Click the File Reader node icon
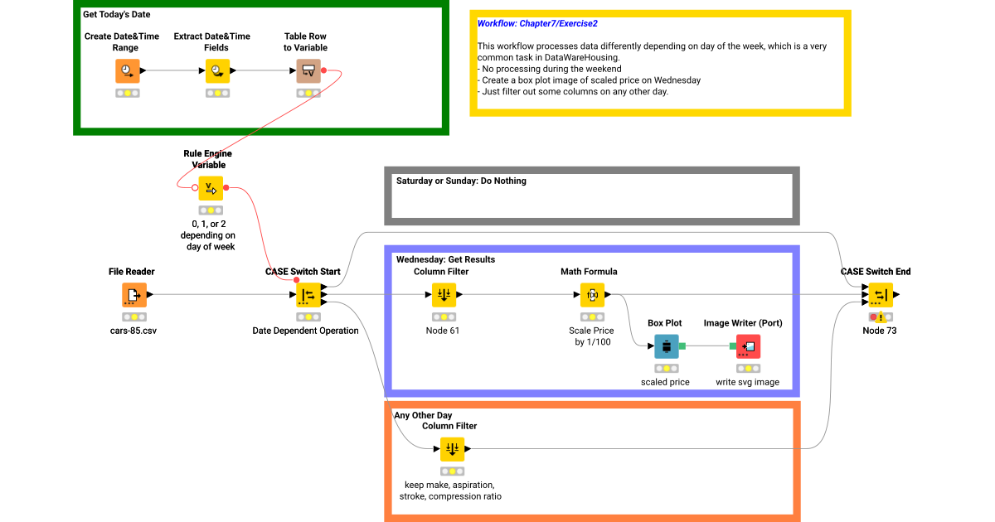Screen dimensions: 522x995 click(x=133, y=295)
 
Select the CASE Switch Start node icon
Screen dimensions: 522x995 click(x=308, y=295)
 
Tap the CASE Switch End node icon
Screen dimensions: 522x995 click(x=880, y=295)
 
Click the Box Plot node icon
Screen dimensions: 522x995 click(x=666, y=346)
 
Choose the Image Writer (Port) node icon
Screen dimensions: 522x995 click(x=748, y=346)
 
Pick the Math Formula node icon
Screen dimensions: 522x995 click(x=592, y=295)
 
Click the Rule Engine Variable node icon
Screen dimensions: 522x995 click(x=210, y=189)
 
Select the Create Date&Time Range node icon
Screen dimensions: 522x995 click(x=127, y=71)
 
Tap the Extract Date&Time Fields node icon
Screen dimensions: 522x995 click(x=217, y=71)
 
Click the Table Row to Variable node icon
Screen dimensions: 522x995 click(x=308, y=71)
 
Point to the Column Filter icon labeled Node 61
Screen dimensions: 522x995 click(x=444, y=295)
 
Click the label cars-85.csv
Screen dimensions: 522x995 click(x=133, y=331)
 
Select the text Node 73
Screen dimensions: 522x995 click(x=880, y=331)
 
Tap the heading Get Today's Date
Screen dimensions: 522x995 click(x=116, y=15)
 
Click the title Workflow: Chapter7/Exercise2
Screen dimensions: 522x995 click(x=537, y=24)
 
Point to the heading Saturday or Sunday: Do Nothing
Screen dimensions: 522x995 click(x=461, y=181)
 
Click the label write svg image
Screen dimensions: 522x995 click(x=748, y=382)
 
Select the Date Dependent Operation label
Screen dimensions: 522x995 click(x=305, y=331)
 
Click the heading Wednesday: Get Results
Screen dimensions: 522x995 click(x=445, y=259)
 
